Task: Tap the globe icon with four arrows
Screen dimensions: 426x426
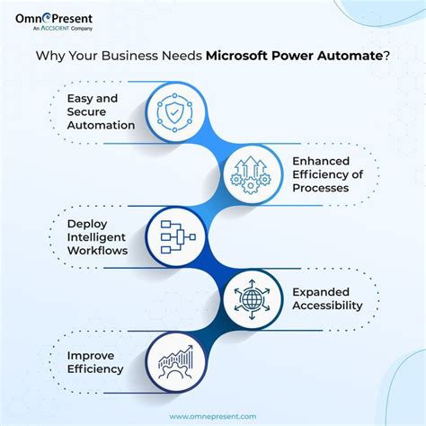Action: pyautogui.click(x=247, y=296)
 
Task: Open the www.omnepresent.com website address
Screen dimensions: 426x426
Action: pyautogui.click(x=213, y=415)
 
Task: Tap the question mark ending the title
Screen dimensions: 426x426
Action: pyautogui.click(x=386, y=54)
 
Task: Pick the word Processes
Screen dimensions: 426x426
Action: pyautogui.click(x=322, y=189)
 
